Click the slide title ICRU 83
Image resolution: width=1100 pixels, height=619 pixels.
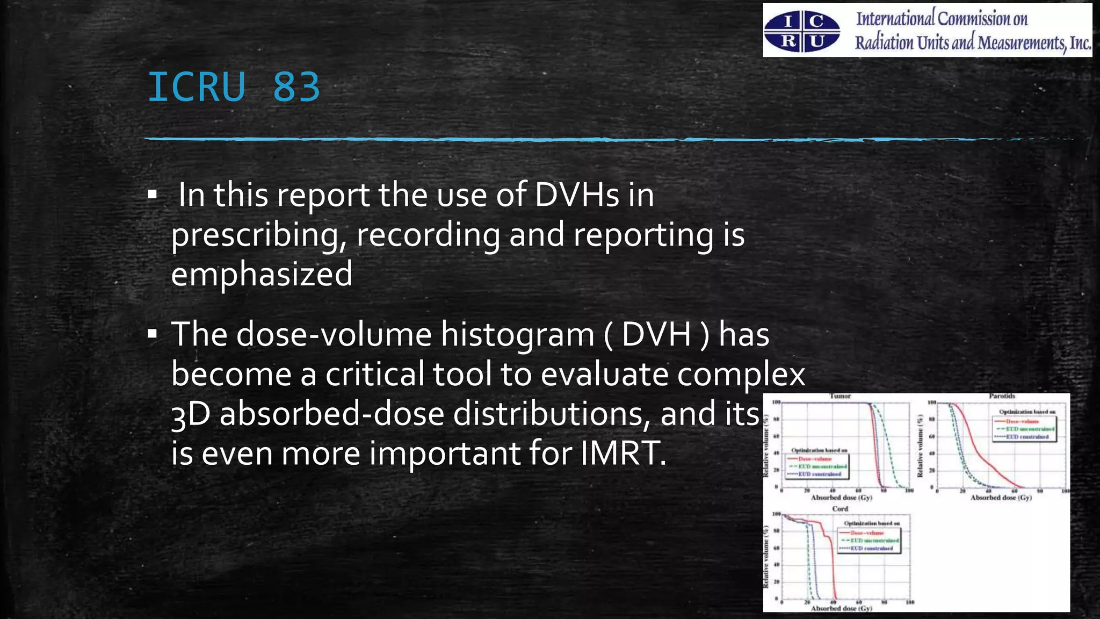pos(234,87)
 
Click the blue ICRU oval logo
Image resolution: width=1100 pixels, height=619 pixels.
pos(802,32)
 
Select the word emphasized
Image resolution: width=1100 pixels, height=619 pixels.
pos(262,274)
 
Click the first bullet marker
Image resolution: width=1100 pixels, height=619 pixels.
pos(152,195)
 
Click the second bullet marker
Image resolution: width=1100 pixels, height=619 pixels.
pos(152,334)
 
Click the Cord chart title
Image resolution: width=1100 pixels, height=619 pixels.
pos(840,509)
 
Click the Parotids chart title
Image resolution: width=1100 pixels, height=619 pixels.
pos(1002,396)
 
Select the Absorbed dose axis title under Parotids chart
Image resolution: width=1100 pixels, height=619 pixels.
pos(1001,498)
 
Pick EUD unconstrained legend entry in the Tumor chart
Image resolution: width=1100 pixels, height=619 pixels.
pos(822,466)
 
